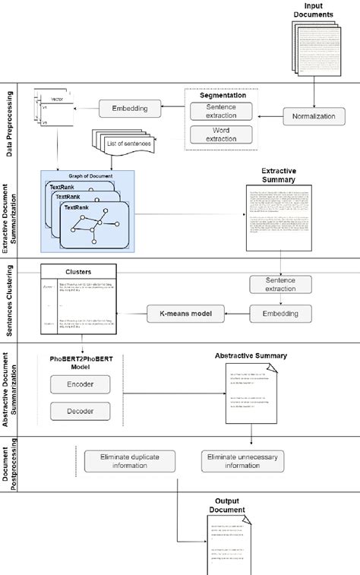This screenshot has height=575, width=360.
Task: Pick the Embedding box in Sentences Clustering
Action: [x=281, y=311]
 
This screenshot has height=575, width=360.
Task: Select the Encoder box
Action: [x=81, y=385]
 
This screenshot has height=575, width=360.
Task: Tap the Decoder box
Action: [x=81, y=412]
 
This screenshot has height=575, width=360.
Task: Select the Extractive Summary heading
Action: [x=278, y=181]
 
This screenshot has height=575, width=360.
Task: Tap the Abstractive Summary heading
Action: [x=251, y=355]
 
